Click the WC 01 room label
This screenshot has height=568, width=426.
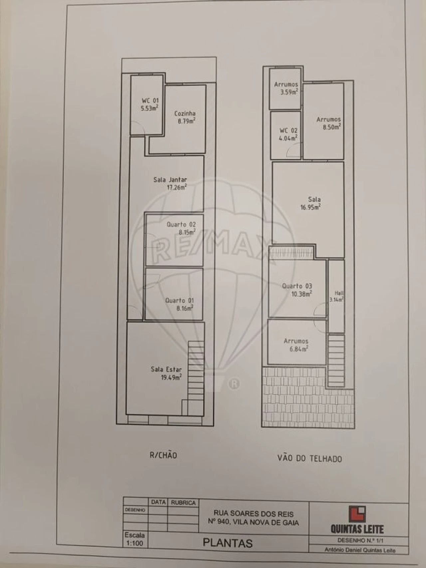(150, 104)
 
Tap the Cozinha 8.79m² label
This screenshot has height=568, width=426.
(185, 117)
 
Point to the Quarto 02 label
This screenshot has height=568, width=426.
(181, 228)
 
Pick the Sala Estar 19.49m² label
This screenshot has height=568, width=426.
(166, 373)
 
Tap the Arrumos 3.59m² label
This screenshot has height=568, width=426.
(286, 88)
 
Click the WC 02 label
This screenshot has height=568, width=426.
(289, 134)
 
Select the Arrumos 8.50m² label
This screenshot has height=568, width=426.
(328, 123)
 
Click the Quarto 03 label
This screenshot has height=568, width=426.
(297, 290)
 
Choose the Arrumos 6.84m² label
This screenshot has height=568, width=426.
(296, 345)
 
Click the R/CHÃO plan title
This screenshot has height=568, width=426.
(163, 455)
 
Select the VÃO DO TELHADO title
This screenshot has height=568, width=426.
(310, 458)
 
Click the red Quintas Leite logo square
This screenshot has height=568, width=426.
(357, 514)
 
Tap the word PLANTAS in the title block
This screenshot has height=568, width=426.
(228, 543)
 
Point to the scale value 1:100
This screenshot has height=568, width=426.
(134, 543)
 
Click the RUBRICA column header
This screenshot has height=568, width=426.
(183, 503)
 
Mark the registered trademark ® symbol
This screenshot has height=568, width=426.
(234, 384)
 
